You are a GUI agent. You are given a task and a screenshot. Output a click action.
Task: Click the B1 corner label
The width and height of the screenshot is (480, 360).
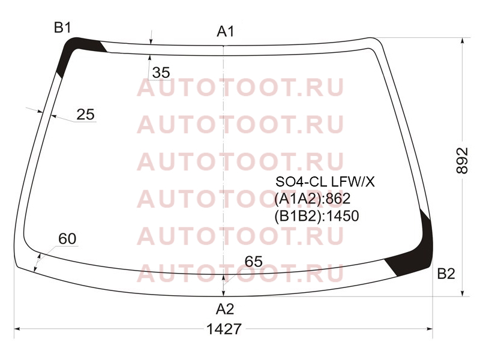[62, 28]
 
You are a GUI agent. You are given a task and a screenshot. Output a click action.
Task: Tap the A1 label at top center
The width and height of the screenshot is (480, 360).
[226, 31]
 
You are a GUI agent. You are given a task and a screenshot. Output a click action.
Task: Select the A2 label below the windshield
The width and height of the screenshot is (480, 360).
[225, 309]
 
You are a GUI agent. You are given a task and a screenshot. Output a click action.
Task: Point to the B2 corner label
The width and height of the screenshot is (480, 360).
[446, 274]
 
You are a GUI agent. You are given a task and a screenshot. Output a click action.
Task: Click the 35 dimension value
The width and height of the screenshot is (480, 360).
[161, 73]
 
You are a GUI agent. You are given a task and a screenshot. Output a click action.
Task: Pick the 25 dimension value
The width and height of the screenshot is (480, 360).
[85, 115]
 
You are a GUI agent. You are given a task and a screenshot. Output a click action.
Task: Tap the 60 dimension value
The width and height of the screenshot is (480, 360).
[67, 239]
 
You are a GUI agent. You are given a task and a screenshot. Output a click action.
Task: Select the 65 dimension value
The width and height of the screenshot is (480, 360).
[253, 262]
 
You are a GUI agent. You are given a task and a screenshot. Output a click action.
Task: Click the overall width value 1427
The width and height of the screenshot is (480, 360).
[224, 329]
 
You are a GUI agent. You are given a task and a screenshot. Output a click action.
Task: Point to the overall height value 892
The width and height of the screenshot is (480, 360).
[462, 161]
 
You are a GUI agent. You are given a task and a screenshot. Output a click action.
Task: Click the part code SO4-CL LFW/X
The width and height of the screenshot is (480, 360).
[325, 182]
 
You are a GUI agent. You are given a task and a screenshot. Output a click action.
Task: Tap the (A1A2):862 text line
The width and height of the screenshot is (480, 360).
[312, 199]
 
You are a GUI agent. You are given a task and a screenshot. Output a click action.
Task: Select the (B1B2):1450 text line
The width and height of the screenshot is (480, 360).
[317, 216]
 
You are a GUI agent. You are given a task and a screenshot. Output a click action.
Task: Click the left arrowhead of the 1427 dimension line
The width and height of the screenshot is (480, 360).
[17, 329]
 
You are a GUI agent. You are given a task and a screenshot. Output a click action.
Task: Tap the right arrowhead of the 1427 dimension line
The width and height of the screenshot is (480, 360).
[430, 329]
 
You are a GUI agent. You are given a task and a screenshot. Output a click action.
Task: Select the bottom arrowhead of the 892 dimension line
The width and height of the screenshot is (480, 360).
[462, 293]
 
